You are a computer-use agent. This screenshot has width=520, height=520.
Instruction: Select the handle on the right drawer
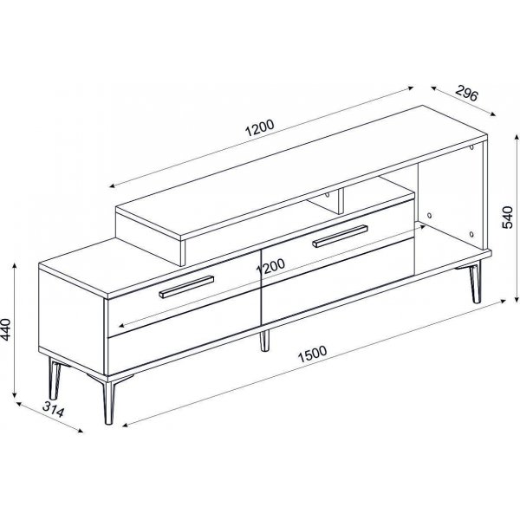[341, 236]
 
